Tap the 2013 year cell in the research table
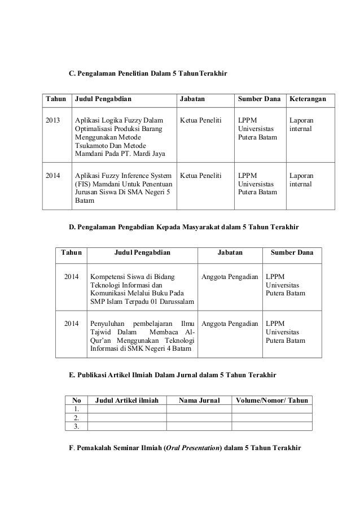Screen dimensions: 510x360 tap(53, 120)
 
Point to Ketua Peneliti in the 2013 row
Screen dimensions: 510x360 tap(200, 120)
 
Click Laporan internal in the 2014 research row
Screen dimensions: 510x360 tap(302, 180)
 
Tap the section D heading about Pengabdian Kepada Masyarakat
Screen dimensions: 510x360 tap(184, 227)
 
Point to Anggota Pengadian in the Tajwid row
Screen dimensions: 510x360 tap(230, 324)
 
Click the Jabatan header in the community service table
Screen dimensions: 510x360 tap(230, 254)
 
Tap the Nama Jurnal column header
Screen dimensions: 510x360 tap(199, 400)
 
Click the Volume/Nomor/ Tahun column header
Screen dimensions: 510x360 tap(272, 400)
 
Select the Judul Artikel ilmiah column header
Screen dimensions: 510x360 tap(126, 400)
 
